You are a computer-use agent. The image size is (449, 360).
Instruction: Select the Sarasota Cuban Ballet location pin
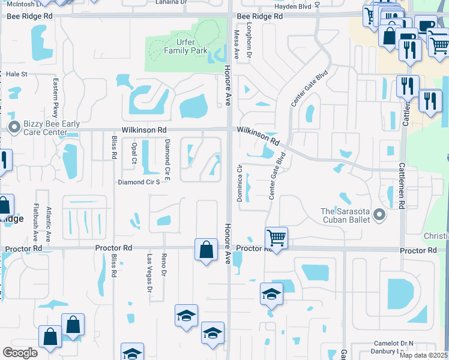[x=378, y=214]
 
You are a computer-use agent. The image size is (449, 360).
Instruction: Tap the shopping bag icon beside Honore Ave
[x=206, y=249]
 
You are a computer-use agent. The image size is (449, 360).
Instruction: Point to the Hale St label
[x=17, y=74]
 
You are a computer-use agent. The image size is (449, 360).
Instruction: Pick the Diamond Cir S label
[x=138, y=182]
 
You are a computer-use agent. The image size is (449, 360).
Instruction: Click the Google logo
[x=20, y=353]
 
